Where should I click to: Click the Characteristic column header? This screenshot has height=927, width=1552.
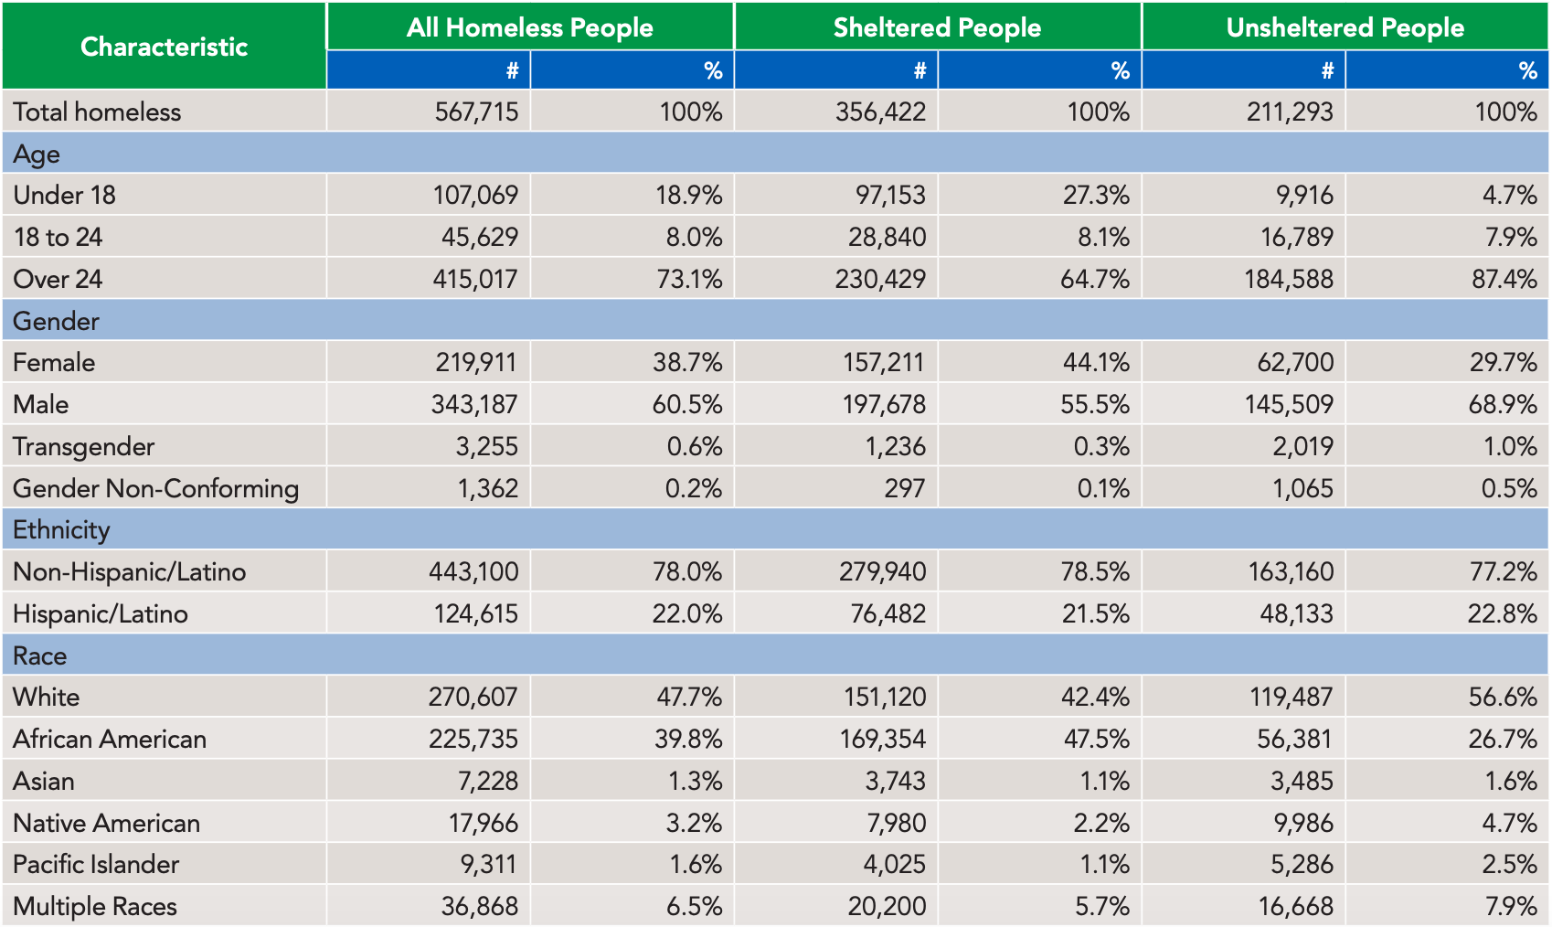coord(164,47)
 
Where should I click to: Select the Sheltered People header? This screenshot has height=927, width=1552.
coord(937,27)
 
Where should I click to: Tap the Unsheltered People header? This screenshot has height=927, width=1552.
coord(1345,27)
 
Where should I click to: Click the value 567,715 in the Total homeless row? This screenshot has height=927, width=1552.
coord(476,112)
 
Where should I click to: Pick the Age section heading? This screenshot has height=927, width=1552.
coord(37,154)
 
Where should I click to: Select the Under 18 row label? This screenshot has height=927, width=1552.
coord(64,195)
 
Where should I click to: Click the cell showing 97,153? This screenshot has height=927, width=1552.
coord(883,195)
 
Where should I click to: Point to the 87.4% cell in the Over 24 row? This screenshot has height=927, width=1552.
coord(1504,279)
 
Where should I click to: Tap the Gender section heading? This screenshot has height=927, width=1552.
coord(56,321)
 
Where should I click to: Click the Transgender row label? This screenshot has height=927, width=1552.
coord(83,446)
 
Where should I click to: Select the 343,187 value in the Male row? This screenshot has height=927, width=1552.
coord(474,404)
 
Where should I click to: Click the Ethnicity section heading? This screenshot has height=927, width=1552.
coord(61,529)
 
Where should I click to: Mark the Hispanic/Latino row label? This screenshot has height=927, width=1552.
coord(101,613)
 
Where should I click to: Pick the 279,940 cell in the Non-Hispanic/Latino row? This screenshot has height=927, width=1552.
coord(882,571)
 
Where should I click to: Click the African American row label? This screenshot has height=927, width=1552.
coord(110,739)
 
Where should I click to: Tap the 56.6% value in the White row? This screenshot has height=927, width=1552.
coord(1503,697)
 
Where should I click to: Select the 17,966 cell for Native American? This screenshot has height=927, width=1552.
coord(483,823)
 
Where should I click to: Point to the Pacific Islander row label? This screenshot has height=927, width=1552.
coord(96,864)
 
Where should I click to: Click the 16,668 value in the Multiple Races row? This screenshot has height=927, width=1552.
coord(1295,906)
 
